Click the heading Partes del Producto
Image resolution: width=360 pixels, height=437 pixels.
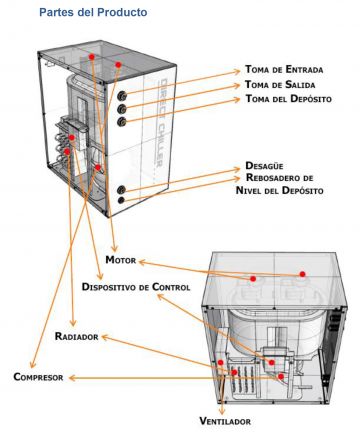(x=93, y=12)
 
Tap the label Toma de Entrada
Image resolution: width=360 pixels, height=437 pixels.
(x=284, y=69)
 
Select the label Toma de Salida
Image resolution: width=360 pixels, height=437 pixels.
(x=280, y=84)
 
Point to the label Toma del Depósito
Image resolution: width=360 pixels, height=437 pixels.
(x=288, y=99)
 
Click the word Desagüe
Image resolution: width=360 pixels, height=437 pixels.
(x=264, y=165)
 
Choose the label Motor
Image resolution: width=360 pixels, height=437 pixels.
(x=121, y=260)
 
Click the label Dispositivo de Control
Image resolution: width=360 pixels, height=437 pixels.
(x=136, y=287)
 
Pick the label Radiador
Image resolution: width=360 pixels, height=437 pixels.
(x=77, y=336)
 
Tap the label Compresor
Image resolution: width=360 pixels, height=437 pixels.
(x=38, y=377)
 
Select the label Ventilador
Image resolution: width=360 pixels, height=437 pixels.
(x=225, y=421)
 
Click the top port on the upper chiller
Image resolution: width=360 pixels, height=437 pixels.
(x=122, y=96)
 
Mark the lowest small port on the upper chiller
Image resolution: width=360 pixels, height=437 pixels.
(x=121, y=200)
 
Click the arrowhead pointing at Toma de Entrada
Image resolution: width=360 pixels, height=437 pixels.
(x=237, y=71)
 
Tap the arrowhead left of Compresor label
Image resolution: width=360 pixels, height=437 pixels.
(x=72, y=378)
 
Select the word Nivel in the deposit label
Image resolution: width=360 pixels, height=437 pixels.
(x=248, y=190)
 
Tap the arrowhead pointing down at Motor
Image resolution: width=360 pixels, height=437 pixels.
(x=115, y=248)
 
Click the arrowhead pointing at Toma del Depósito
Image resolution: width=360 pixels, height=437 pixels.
(x=237, y=99)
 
